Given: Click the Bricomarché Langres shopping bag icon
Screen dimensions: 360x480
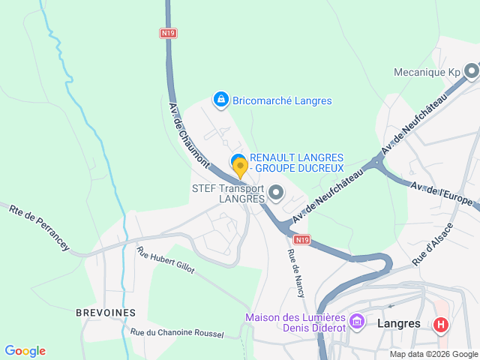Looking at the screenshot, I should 220,100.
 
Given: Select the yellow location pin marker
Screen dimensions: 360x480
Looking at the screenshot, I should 240,168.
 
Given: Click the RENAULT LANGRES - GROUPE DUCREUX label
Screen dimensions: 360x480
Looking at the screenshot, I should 296,163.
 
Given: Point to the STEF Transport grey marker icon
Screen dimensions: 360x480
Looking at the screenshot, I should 277,193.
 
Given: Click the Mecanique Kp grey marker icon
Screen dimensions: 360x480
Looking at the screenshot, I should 471,72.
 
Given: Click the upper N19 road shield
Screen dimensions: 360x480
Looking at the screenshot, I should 167,33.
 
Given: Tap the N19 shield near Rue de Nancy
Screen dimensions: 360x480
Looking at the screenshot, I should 301,239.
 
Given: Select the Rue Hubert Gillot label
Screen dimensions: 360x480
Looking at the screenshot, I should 165,259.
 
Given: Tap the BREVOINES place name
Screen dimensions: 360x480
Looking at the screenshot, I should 106,312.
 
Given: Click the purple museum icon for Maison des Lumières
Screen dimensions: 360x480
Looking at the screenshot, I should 357,322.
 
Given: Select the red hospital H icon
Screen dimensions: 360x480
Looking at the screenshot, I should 441,324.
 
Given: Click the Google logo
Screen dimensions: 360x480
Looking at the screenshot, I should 25,351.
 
